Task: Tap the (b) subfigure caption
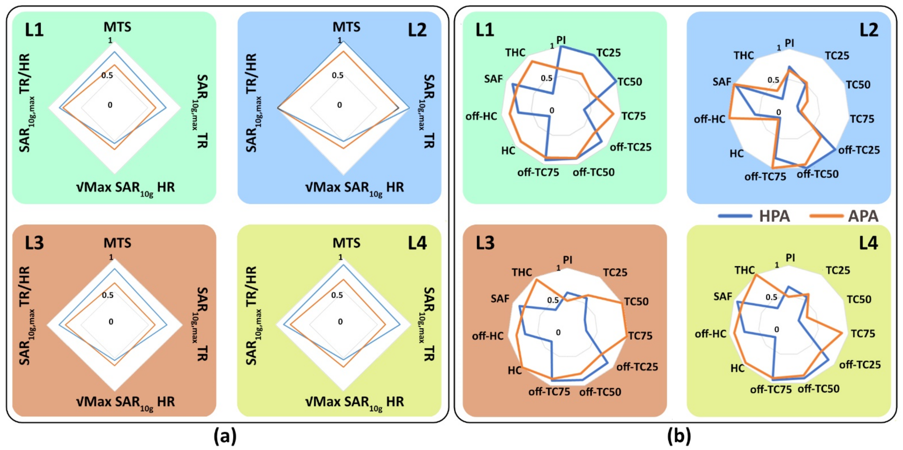tap(679, 436)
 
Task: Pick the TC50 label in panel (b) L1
tap(630, 82)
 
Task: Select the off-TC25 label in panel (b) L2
tap(859, 150)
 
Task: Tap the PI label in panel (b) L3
tap(568, 260)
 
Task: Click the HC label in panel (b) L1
tap(508, 151)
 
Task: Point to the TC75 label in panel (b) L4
tap(863, 333)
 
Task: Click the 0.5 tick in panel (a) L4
tap(337, 295)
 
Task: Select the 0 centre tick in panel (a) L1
tap(110, 105)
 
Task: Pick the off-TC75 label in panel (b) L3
tap(549, 392)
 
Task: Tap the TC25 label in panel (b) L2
tap(837, 56)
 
